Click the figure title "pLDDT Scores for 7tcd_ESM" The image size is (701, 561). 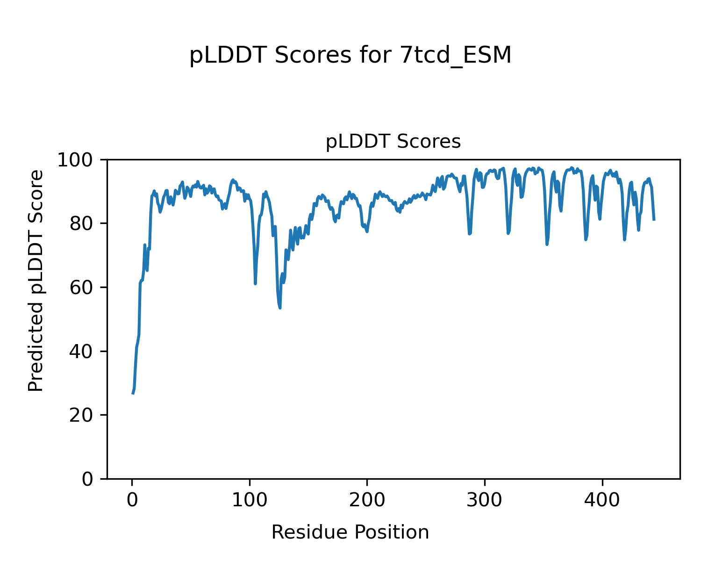(350, 56)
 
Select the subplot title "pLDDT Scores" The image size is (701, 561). (393, 142)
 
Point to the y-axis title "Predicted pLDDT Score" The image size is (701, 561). (36, 280)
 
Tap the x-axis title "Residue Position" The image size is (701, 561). (350, 532)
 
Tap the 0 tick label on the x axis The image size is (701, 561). (132, 500)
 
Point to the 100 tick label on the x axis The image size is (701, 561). (250, 500)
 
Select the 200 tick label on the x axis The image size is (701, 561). (367, 500)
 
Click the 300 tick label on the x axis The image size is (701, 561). (485, 500)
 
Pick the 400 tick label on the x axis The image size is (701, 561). (602, 500)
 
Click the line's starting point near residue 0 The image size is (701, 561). (133, 394)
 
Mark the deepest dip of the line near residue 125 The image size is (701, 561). (279, 308)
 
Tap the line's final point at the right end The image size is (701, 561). (654, 220)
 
